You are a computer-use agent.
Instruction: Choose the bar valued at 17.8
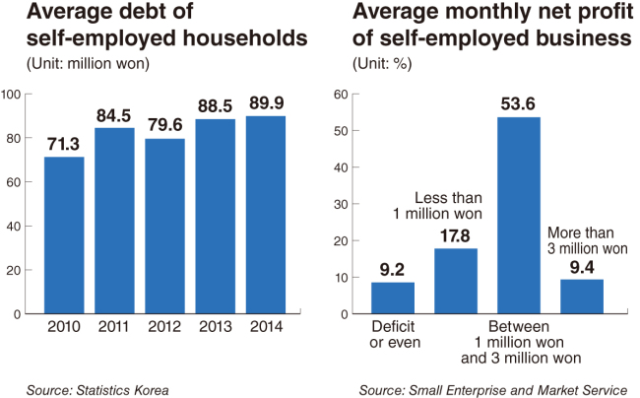[455, 280]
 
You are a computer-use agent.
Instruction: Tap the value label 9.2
[392, 267]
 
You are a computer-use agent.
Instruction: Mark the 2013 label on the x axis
[216, 328]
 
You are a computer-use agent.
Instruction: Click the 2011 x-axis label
[114, 328]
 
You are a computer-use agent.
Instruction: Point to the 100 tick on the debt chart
[12, 95]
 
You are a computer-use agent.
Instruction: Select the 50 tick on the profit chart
[341, 131]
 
